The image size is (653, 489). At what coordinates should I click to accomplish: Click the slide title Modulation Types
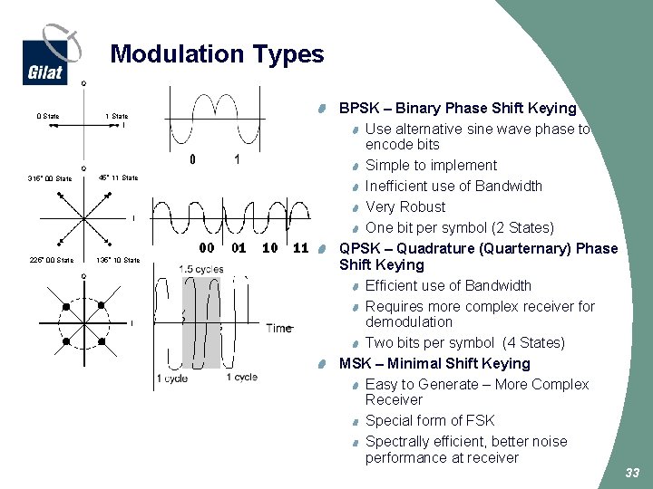217,54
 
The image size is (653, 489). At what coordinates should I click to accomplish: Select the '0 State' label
48,116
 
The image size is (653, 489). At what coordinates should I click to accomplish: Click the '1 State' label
117,116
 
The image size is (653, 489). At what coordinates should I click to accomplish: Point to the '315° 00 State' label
50,178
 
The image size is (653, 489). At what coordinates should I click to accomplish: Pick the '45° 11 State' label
118,177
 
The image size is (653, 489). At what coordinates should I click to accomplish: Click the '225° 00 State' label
50,261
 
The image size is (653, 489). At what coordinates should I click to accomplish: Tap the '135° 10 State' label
118,261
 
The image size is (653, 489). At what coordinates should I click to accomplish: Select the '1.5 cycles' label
200,269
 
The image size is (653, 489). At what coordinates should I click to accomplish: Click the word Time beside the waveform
279,328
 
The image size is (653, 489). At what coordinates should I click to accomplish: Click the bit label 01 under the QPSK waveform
239,247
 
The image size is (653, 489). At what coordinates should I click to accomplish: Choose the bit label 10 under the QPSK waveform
269,247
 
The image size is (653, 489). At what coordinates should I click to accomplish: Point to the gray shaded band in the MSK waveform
201,321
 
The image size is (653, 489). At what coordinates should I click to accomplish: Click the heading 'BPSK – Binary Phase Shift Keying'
457,109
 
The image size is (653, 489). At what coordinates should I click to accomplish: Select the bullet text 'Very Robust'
405,206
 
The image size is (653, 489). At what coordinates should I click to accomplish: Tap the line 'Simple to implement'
431,165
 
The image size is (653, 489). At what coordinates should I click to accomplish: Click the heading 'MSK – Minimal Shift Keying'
434,363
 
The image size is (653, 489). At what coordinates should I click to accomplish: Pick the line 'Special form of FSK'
430,420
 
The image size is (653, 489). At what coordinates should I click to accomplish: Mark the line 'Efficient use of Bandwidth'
448,285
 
